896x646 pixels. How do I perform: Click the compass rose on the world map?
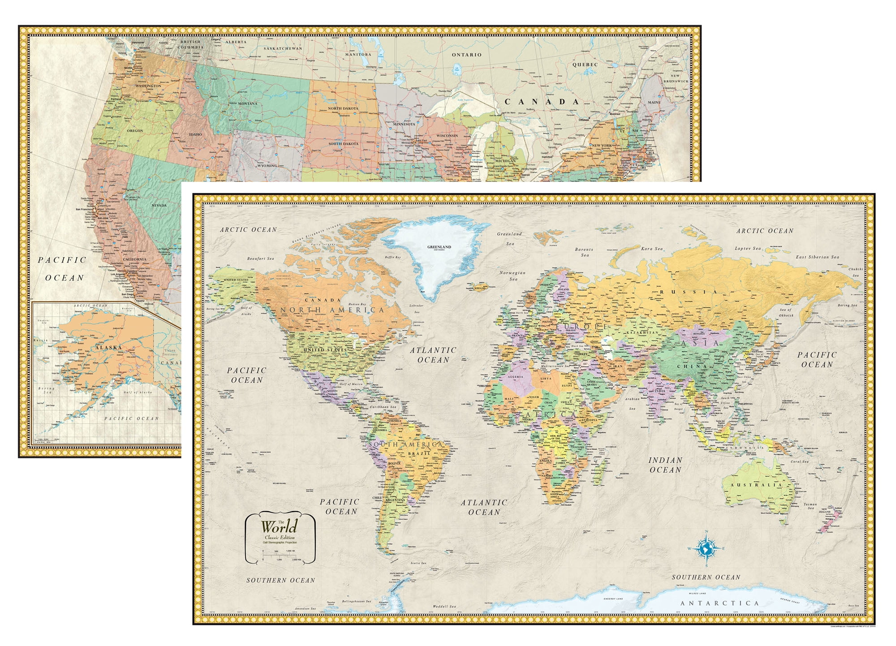706,548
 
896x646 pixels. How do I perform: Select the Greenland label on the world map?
439,247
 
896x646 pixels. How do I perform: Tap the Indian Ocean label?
665,465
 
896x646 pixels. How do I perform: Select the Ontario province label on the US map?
466,55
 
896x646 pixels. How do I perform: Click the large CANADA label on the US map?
542,102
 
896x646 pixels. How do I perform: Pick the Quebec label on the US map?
585,65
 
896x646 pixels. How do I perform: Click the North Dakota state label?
343,108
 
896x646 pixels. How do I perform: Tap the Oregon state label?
134,131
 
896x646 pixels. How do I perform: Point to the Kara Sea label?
652,249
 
